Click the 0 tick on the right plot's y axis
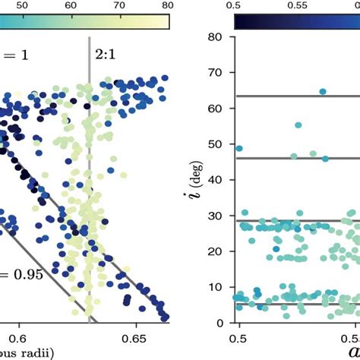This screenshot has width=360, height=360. click(x=217, y=322)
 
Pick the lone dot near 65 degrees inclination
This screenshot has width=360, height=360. click(x=323, y=91)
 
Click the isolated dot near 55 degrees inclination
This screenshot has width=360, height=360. click(x=298, y=125)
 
